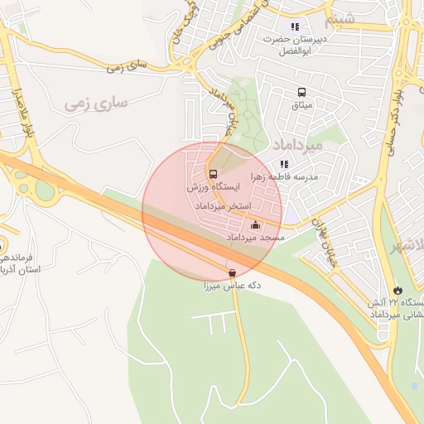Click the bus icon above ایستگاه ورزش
tap(214, 174)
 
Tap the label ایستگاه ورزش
tap(214, 188)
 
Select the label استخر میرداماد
tap(227, 204)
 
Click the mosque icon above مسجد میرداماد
tap(255, 224)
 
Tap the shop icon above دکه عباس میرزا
tap(231, 272)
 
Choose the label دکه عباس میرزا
tap(233, 286)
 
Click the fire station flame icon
tap(400, 289)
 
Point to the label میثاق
tap(301, 105)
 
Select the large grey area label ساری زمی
tap(97, 104)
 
